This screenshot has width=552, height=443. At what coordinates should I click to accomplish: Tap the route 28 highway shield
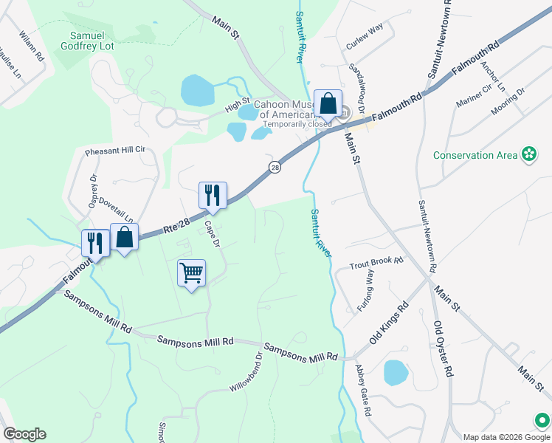275,168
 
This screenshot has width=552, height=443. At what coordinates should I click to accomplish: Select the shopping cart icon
191,273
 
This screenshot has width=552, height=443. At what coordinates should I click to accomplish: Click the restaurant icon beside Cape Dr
213,196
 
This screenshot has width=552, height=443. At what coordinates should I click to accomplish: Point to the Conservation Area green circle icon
528,154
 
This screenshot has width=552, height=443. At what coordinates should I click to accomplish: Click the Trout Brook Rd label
376,263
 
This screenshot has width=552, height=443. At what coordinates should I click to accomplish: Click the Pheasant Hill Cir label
115,150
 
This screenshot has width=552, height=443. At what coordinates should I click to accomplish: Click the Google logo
24,434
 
